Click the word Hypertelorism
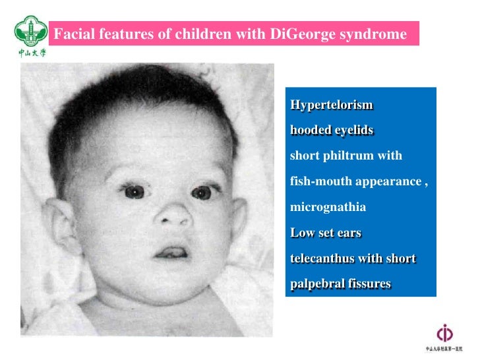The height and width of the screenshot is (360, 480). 332,105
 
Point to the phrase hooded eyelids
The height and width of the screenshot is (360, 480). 332,131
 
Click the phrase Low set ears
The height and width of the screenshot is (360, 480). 326,233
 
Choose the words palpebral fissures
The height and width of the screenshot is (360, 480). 340,284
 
